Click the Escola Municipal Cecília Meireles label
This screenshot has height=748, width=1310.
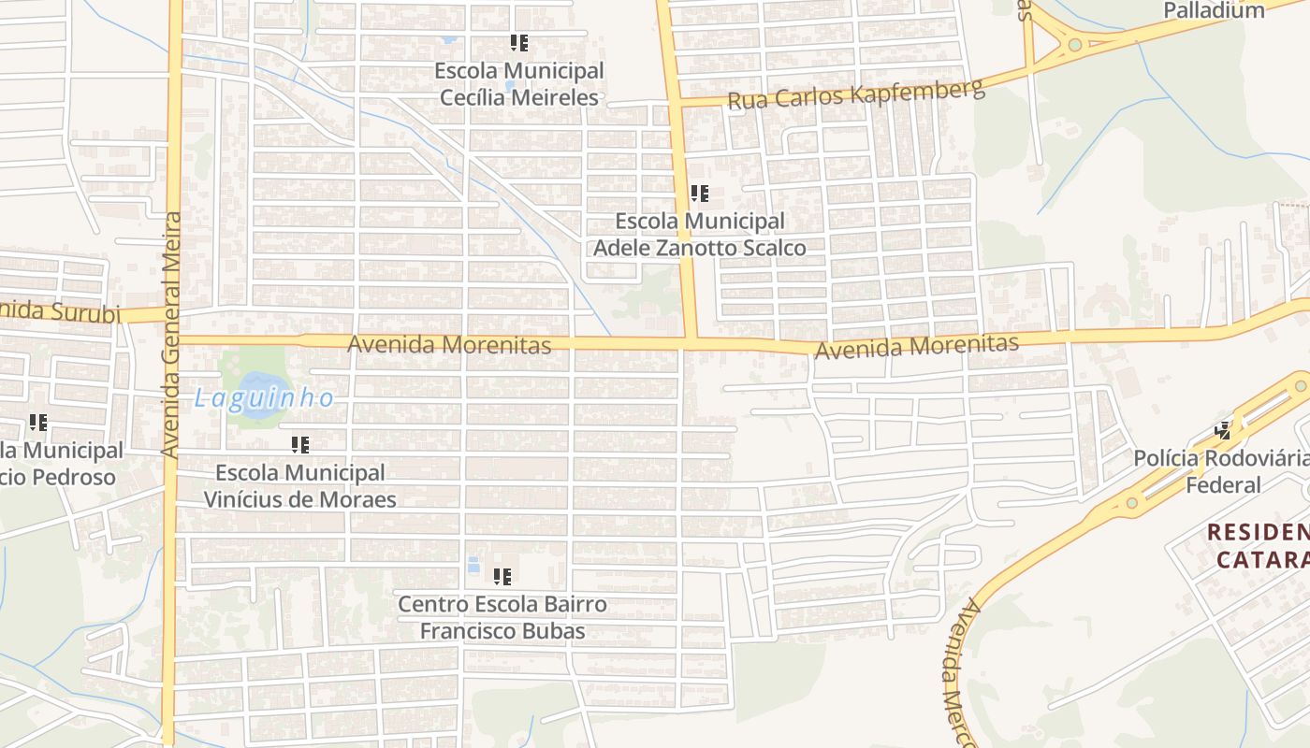(518, 84)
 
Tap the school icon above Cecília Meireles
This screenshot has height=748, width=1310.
(519, 43)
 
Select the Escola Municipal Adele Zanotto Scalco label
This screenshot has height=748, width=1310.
(699, 235)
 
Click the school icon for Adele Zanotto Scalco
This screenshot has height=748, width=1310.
(699, 194)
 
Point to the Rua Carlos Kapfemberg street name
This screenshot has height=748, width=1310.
(855, 94)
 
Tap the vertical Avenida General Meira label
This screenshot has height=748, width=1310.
(170, 334)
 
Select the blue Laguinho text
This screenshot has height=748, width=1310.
(264, 398)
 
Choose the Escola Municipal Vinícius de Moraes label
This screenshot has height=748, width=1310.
(299, 485)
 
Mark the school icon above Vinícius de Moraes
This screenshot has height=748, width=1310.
(299, 445)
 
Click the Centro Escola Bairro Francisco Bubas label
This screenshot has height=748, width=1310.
(502, 617)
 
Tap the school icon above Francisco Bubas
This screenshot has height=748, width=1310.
(502, 577)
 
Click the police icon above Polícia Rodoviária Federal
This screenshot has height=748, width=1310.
(1223, 430)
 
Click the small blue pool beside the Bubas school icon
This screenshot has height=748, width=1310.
(473, 565)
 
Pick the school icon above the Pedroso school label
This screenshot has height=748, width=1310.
(38, 423)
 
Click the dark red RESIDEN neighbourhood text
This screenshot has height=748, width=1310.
(1258, 533)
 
